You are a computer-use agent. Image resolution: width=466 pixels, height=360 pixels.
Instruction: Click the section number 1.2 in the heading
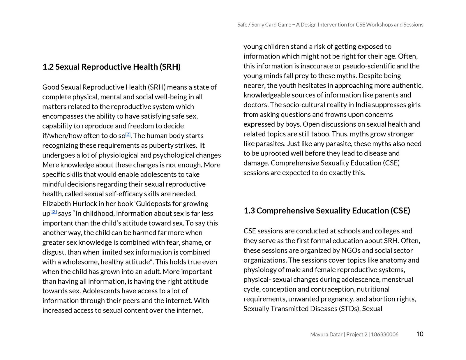48,67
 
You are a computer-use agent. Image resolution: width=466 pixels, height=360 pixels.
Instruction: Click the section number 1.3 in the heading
249,211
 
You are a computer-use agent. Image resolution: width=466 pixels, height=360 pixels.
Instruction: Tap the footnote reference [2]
128,134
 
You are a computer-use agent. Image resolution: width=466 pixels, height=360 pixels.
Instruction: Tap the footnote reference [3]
54,212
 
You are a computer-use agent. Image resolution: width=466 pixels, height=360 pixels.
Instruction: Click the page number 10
420,334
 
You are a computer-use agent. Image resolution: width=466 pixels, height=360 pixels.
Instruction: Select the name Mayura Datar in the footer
326,334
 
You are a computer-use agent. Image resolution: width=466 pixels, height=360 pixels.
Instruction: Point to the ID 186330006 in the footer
384,334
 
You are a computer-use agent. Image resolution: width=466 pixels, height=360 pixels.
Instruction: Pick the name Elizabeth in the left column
56,204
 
